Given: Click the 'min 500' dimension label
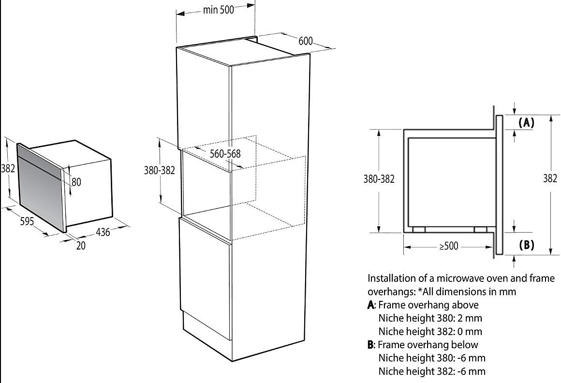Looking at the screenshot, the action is point(218,10).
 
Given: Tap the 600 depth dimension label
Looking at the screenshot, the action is point(306,41).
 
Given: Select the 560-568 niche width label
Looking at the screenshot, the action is point(225,153).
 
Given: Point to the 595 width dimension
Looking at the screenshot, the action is point(27,221).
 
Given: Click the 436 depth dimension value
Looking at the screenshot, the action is point(103,233).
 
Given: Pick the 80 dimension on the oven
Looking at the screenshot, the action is point(76,182).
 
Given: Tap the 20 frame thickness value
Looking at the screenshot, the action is point(81,246).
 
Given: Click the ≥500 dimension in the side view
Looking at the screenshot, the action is point(448,246).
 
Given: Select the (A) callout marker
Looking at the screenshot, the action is point(526,123).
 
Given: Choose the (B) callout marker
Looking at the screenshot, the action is point(526,245).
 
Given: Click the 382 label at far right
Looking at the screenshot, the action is point(550,178).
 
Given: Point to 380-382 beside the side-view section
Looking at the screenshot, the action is point(379,178).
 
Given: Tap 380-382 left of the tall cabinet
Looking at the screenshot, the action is point(159,170).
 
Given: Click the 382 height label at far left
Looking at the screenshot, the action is point(8,168).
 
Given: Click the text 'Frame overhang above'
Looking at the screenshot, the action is point(428,305).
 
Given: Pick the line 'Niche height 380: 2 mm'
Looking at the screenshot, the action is point(430,318).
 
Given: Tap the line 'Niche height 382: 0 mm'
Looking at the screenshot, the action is point(430,332).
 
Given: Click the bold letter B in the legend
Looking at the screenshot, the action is point(370,345).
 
